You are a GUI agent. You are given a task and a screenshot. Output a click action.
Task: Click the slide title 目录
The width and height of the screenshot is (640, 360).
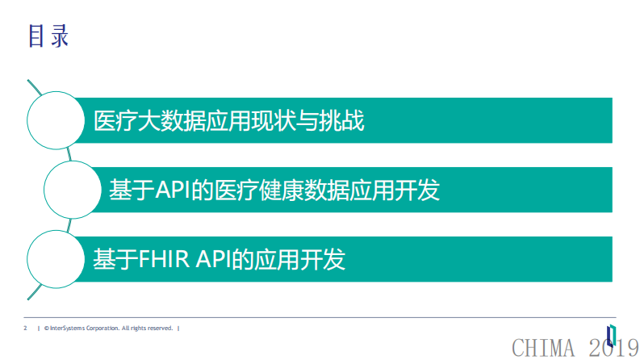48,36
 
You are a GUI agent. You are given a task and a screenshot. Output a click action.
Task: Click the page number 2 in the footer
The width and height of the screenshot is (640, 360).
26,329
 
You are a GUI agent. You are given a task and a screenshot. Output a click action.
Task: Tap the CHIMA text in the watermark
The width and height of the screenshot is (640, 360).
545,349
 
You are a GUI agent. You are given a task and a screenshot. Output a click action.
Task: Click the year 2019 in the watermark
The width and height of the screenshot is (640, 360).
612,349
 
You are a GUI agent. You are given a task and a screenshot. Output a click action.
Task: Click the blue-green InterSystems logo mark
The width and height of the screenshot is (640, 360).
611,333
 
